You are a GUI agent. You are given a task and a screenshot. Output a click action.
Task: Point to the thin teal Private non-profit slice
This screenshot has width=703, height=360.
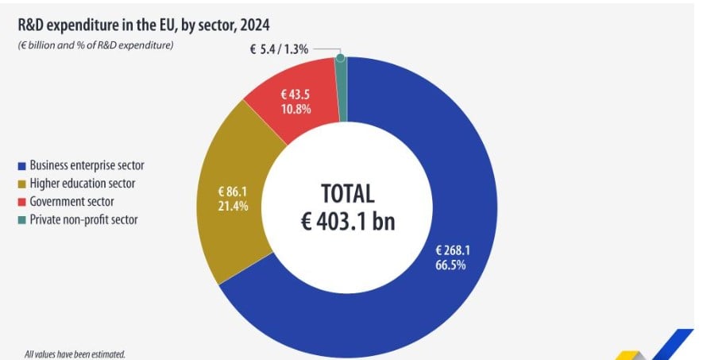point(342,87)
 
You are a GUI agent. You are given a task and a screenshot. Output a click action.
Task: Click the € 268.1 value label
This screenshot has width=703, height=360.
point(450,250)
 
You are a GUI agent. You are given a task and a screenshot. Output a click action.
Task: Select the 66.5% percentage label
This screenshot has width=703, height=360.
point(450,265)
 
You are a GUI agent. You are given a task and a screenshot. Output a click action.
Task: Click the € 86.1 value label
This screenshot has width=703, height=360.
point(233,192)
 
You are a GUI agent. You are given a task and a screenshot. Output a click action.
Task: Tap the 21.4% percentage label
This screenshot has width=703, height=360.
point(233,206)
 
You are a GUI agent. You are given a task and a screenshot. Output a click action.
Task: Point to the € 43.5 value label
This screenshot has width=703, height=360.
point(296,95)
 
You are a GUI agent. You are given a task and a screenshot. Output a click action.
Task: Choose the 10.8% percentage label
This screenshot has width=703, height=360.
point(296,109)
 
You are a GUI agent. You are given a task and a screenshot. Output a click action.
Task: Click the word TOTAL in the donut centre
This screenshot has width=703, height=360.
point(347,194)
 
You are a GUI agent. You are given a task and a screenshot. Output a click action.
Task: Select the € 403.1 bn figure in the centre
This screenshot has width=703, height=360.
point(347,221)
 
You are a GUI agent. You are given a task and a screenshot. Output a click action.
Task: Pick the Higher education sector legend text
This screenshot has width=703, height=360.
point(83,184)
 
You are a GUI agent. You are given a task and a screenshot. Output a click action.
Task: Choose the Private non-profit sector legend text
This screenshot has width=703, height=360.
point(83,219)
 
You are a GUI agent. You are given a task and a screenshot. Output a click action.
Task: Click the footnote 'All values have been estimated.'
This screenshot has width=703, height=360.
point(75,354)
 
